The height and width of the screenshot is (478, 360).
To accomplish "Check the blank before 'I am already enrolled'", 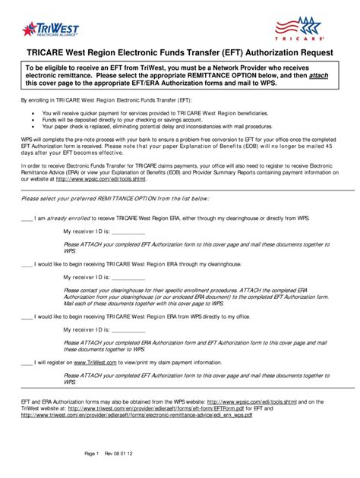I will [x=27, y=218].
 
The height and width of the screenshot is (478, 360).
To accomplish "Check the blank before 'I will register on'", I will [x=27, y=363].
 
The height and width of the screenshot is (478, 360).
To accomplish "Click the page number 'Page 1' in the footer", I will [x=92, y=453].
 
